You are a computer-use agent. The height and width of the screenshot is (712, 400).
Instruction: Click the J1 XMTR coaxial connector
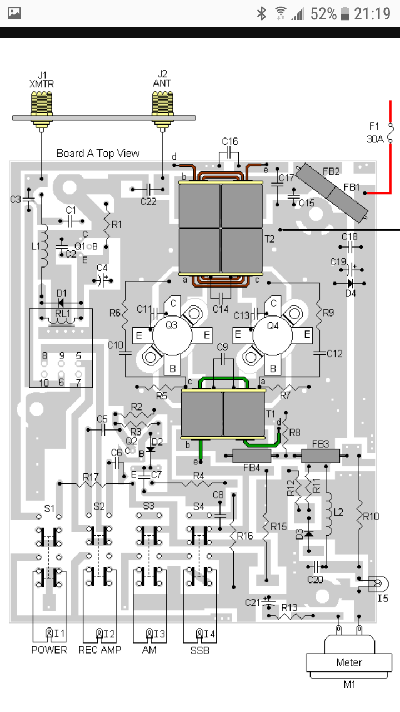pyautogui.click(x=42, y=111)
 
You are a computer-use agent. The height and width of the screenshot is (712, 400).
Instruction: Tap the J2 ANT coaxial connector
pyautogui.click(x=163, y=111)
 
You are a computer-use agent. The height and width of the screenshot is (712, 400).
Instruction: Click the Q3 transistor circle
pyautogui.click(x=172, y=335)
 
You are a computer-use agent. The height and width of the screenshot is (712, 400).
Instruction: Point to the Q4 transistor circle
pyautogui.click(x=272, y=335)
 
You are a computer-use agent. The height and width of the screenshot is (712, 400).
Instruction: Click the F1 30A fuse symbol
pyautogui.click(x=391, y=133)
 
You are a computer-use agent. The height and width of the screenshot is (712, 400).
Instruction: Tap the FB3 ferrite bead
pyautogui.click(x=321, y=456)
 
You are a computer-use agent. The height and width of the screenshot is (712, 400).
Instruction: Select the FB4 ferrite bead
pyautogui.click(x=252, y=456)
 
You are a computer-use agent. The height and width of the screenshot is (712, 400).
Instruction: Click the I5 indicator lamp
pyautogui.click(x=378, y=584)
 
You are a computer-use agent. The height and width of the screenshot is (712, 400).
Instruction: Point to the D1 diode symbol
pyautogui.click(x=61, y=303)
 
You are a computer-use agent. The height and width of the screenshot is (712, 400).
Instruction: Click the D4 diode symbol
pyautogui.click(x=351, y=283)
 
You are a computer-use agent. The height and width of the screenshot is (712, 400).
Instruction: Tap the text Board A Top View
pyautogui.click(x=98, y=153)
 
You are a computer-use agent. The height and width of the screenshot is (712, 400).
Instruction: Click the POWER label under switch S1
pyautogui.click(x=49, y=650)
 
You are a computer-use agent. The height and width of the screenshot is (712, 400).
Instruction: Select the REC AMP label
pyautogui.click(x=99, y=650)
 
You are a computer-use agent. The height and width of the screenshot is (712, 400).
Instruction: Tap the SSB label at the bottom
pyautogui.click(x=199, y=651)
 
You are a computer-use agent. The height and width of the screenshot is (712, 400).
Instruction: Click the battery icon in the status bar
pyautogui.click(x=345, y=14)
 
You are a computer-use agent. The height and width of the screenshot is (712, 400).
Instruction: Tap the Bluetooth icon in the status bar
pyautogui.click(x=262, y=14)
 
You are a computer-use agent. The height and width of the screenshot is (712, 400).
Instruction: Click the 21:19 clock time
pyautogui.click(x=372, y=14)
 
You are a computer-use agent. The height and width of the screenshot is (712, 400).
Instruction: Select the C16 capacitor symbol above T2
pyautogui.click(x=229, y=155)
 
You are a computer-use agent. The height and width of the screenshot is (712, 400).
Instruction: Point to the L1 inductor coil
pyautogui.click(x=44, y=246)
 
